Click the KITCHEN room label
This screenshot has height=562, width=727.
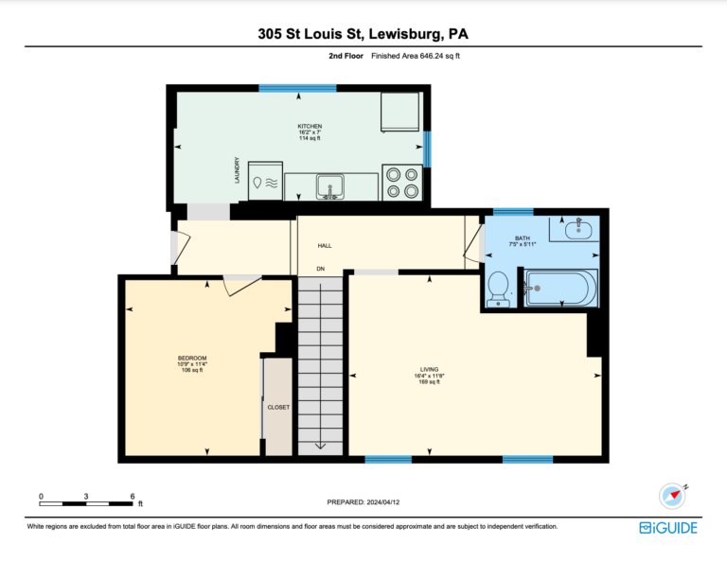point(310,126)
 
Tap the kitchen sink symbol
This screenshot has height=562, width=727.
point(329,186)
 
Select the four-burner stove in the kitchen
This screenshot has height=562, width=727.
point(402,183)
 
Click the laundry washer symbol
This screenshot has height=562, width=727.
point(265,181)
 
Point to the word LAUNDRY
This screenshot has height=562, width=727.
point(238,170)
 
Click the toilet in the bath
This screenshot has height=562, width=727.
point(498,290)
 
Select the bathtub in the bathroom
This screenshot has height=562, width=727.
point(560,289)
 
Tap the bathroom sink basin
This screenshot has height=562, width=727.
point(578,230)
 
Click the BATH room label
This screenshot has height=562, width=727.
point(523,238)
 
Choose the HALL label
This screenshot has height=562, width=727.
point(325,246)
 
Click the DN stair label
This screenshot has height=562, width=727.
point(320,269)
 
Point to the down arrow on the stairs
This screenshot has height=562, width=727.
point(320,447)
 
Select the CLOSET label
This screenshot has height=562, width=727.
point(278,407)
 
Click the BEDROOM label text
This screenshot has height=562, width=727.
point(192,359)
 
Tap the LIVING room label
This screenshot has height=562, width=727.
point(430,370)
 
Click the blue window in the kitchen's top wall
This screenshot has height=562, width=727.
point(297,88)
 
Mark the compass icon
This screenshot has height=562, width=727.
point(673,496)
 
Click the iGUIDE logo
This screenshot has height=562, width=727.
point(668,528)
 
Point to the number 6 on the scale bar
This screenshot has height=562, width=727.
point(133,496)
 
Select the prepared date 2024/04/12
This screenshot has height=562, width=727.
point(383,502)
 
